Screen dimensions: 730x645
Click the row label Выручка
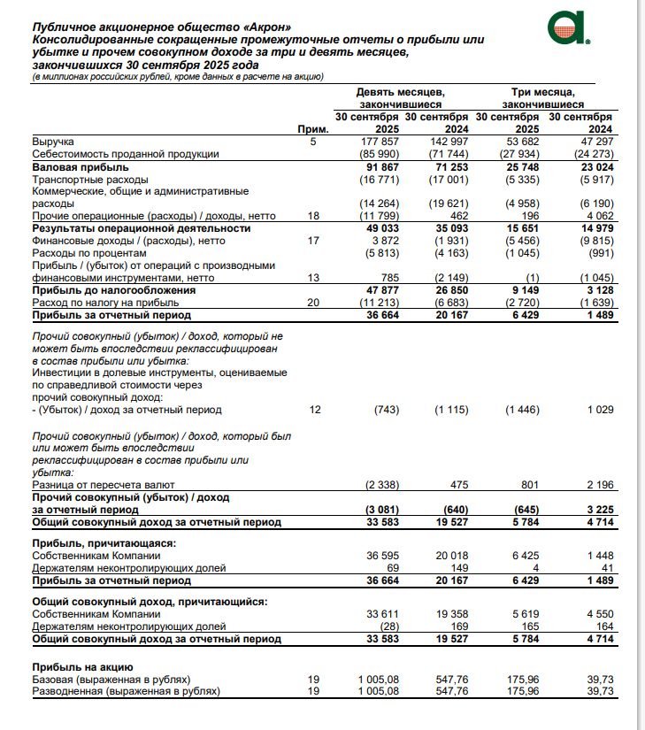[x=53, y=142]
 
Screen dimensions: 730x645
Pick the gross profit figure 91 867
[x=382, y=166]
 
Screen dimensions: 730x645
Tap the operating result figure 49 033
[x=382, y=228]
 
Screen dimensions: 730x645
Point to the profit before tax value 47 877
[x=382, y=290]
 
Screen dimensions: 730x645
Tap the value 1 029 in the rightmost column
[x=598, y=411]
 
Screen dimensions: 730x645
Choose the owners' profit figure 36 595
[x=384, y=555]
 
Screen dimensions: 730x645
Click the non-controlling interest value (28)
[x=389, y=626]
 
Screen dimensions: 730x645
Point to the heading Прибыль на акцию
[x=82, y=666]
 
